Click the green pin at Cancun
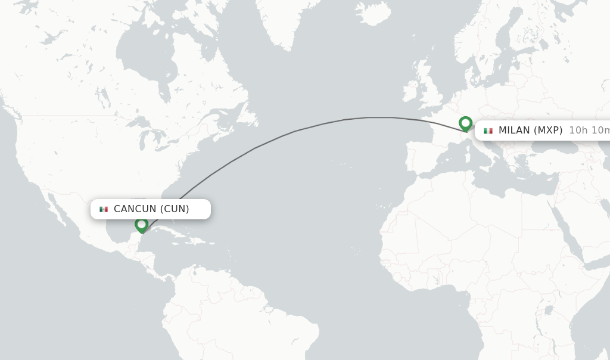[141, 225]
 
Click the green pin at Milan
[465, 123]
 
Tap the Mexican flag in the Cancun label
[104, 209]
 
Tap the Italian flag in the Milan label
[488, 131]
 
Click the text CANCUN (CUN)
[151, 209]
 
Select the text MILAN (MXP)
[530, 131]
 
